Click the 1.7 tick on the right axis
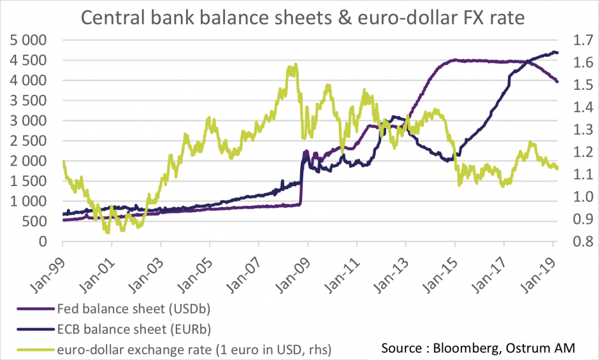tap(574, 40)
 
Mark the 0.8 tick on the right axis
tap(574, 241)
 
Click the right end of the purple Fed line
tap(558, 82)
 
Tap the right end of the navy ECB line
tap(558, 52)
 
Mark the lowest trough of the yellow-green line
tap(108, 233)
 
